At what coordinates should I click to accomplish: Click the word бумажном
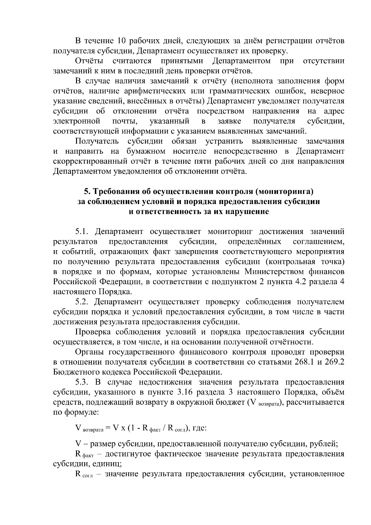146,152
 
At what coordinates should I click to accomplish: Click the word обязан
184,142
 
